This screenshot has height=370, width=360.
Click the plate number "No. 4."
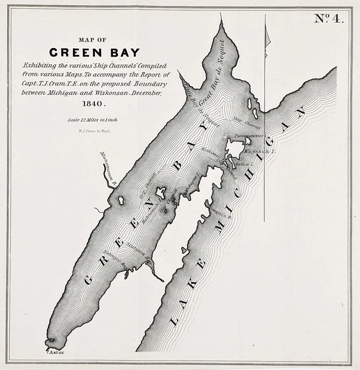tap(329, 18)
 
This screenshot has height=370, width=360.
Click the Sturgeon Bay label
tap(134, 253)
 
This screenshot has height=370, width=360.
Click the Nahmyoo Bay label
tap(115, 258)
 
